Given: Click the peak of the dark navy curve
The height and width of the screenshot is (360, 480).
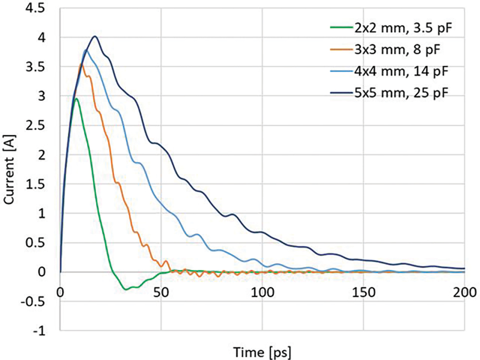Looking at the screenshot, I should (x=95, y=36).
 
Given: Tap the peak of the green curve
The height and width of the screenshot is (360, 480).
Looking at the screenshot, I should (x=76, y=99).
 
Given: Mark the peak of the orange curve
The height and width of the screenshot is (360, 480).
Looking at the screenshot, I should (x=82, y=63).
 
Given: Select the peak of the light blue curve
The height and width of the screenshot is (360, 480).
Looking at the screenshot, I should (x=86, y=49).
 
